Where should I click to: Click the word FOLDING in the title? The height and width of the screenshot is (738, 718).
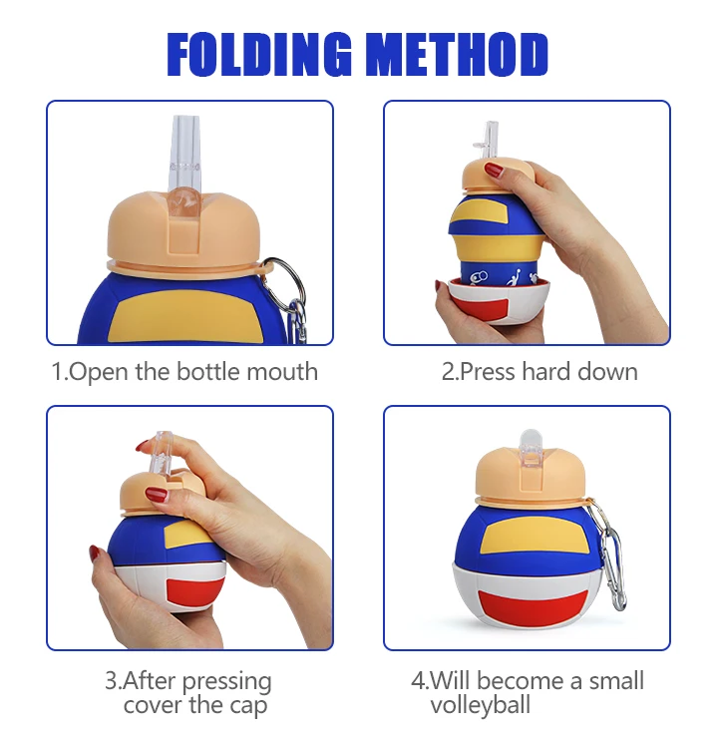pyautogui.click(x=263, y=55)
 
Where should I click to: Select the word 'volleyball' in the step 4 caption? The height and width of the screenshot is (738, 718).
pyautogui.click(x=480, y=706)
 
